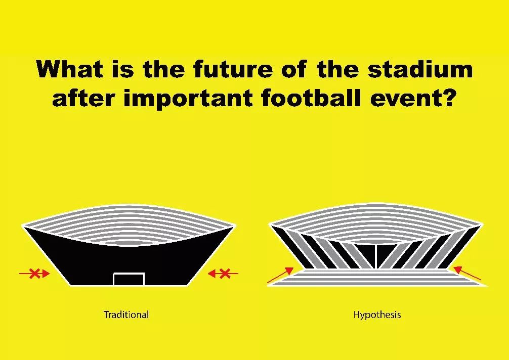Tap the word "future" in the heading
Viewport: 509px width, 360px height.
[233, 69]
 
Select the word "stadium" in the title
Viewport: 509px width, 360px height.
[420, 69]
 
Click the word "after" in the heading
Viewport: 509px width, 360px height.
[84, 98]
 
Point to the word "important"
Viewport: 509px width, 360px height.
[188, 99]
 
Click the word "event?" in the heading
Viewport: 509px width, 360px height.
[412, 98]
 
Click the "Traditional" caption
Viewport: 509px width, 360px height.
[126, 314]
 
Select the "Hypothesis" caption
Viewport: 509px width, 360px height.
[377, 315]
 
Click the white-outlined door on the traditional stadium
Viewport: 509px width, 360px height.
[129, 279]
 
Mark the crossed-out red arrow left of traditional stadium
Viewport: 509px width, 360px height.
[34, 274]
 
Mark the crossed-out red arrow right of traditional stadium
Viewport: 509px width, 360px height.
[223, 274]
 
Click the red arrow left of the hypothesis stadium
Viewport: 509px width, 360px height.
[280, 275]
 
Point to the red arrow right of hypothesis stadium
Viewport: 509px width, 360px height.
[467, 273]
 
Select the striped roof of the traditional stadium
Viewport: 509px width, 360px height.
[129, 224]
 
